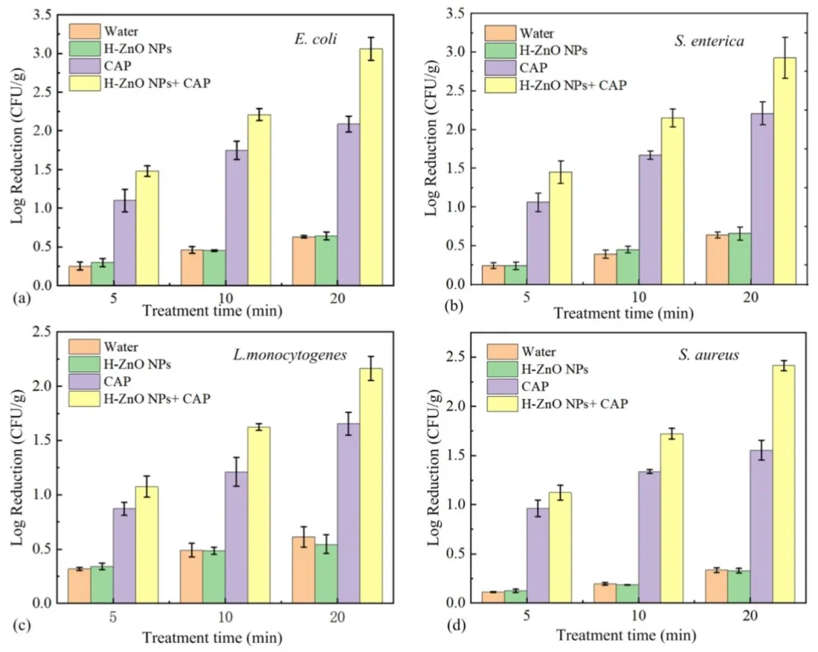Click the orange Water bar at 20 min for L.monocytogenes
[x=304, y=569]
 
